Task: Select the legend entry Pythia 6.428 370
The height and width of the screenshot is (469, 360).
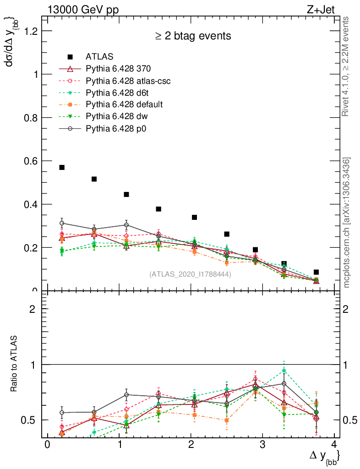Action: point(118,69)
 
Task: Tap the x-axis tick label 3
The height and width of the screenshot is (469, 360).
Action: point(262,445)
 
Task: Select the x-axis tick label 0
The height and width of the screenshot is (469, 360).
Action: point(47,445)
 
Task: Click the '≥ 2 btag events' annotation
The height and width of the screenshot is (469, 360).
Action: point(192,36)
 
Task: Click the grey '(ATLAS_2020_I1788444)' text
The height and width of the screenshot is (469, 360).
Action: point(190,274)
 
